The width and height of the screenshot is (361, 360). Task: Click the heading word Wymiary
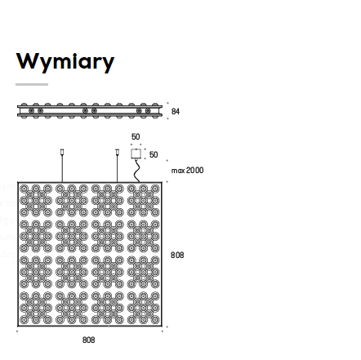click(65, 62)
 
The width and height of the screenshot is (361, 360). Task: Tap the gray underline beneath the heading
click(32, 85)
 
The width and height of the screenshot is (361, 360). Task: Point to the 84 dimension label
click(176, 111)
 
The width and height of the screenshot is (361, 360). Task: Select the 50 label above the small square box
click(136, 136)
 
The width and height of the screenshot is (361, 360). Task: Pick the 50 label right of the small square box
click(154, 154)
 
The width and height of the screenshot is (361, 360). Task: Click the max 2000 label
click(187, 171)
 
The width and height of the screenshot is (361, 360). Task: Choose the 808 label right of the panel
click(177, 255)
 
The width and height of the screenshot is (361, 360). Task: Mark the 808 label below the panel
click(89, 340)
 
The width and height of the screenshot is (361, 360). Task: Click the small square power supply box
click(136, 153)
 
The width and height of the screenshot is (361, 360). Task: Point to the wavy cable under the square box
click(136, 171)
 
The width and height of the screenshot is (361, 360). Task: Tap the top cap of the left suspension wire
click(62, 152)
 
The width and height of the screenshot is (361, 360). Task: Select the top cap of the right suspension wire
click(118, 152)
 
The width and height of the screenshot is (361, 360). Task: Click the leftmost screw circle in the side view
click(31, 111)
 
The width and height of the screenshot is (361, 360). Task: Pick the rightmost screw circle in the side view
click(148, 111)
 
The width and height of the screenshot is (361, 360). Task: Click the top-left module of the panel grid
click(36, 201)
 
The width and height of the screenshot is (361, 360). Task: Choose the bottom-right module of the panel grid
click(144, 309)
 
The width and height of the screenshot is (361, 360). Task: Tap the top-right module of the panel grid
click(144, 201)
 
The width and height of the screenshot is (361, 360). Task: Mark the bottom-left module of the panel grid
click(36, 309)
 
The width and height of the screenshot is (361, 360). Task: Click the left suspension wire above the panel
click(62, 168)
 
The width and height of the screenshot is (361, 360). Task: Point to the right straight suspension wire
click(118, 168)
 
